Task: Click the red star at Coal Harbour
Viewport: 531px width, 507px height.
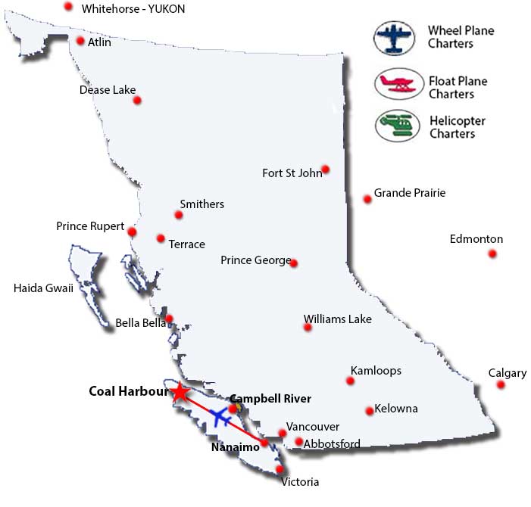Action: pyautogui.click(x=179, y=392)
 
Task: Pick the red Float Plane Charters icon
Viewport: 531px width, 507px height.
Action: pyautogui.click(x=396, y=84)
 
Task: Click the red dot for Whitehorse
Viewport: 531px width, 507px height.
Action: pyautogui.click(x=68, y=7)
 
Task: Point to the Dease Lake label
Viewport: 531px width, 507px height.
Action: pyautogui.click(x=108, y=90)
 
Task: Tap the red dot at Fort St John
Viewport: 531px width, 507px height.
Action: pyautogui.click(x=325, y=170)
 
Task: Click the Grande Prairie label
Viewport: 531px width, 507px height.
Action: pyautogui.click(x=410, y=193)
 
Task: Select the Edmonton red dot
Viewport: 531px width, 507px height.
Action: pyautogui.click(x=492, y=253)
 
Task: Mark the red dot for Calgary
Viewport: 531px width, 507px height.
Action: pyautogui.click(x=501, y=384)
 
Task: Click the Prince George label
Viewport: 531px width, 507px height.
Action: pyautogui.click(x=255, y=260)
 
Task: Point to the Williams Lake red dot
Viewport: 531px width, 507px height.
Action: pyautogui.click(x=308, y=327)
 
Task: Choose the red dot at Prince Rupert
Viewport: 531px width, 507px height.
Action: pyautogui.click(x=132, y=232)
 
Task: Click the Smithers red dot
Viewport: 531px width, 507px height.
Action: pyautogui.click(x=179, y=216)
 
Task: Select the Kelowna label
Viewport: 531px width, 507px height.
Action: pyautogui.click(x=396, y=409)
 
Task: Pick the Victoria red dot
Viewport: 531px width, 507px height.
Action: pyautogui.click(x=280, y=469)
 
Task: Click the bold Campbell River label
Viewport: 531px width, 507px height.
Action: pyautogui.click(x=270, y=398)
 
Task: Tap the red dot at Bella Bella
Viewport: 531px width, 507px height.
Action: pyautogui.click(x=170, y=319)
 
